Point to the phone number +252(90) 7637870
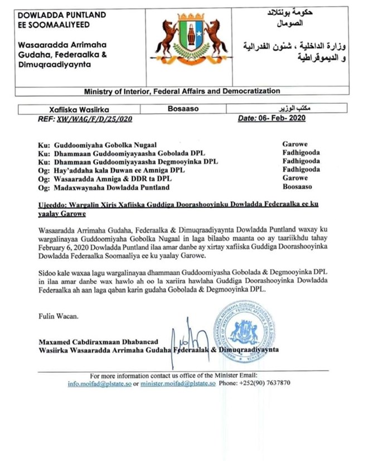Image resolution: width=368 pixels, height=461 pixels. (266, 385)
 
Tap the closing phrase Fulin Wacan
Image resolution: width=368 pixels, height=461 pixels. (59, 316)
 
